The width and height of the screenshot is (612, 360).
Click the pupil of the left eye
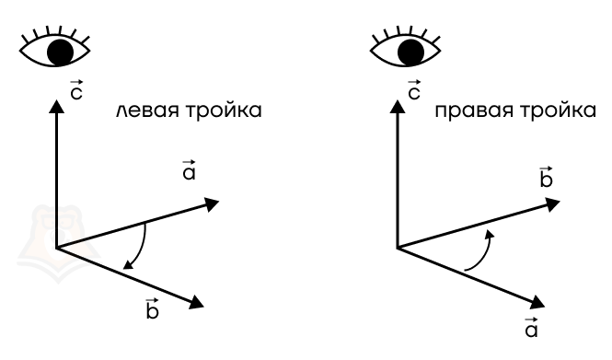click(x=60, y=52)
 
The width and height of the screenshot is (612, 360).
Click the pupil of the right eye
click(x=410, y=52)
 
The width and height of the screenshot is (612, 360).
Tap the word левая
click(x=147, y=110)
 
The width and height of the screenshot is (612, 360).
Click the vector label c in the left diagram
click(x=76, y=90)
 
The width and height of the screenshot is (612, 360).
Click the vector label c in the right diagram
click(x=414, y=90)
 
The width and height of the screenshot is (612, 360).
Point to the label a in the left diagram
click(x=189, y=170)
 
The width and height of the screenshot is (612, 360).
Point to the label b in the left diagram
click(x=152, y=308)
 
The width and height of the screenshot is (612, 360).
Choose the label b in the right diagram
click(x=546, y=177)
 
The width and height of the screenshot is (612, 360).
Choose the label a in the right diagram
click(x=531, y=327)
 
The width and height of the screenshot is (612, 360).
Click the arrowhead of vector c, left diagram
click(x=56, y=107)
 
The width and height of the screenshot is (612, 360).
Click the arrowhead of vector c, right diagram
click(x=398, y=107)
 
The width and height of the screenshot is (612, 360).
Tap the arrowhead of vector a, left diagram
click(x=212, y=204)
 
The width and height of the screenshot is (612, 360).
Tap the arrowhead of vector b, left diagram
click(x=196, y=302)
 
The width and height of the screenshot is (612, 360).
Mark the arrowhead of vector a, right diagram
click(x=537, y=302)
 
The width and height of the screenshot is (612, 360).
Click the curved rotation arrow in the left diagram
click(x=143, y=248)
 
